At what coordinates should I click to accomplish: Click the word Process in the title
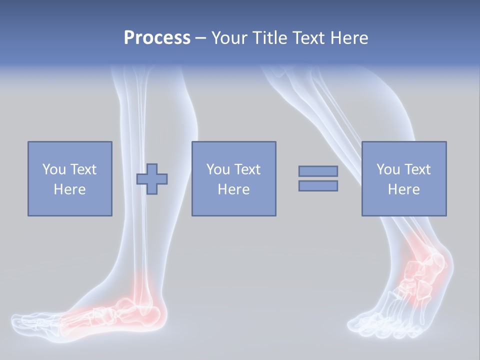click(x=157, y=38)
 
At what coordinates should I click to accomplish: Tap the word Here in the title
click(x=346, y=38)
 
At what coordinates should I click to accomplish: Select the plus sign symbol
click(x=152, y=179)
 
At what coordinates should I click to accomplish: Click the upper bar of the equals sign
click(x=318, y=171)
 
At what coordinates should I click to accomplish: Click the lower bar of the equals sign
click(x=318, y=186)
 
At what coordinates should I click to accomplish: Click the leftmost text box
click(x=70, y=179)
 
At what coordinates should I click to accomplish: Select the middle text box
click(x=233, y=179)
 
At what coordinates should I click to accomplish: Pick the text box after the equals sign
click(x=404, y=179)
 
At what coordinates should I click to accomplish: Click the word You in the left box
click(x=53, y=169)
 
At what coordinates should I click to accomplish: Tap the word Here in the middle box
click(x=233, y=189)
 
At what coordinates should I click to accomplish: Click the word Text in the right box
click(x=418, y=169)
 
